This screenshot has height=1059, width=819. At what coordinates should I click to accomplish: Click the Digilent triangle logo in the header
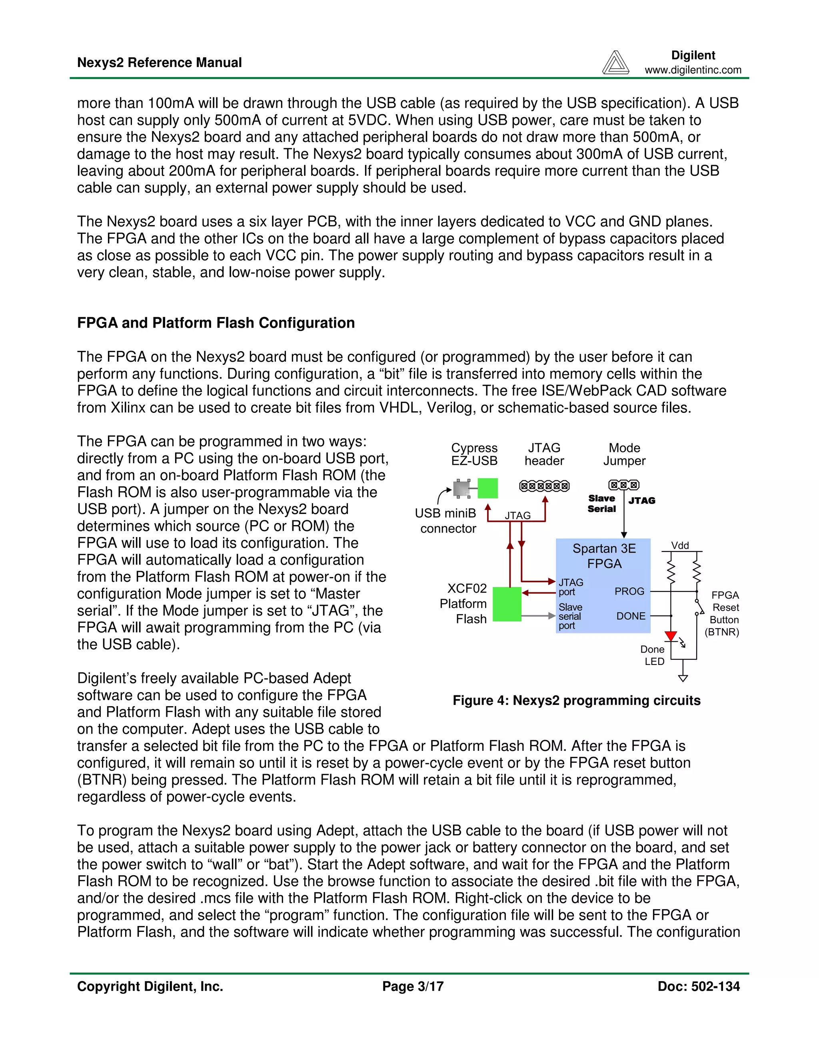pyautogui.click(x=615, y=63)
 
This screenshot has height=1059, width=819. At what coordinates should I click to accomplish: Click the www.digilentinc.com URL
pyautogui.click(x=693, y=70)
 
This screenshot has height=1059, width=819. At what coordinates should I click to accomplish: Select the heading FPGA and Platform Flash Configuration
pyautogui.click(x=216, y=323)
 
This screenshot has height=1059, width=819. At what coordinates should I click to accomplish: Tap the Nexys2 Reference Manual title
pyautogui.click(x=159, y=63)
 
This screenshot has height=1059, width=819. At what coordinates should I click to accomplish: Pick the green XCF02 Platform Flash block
pyautogui.click(x=507, y=604)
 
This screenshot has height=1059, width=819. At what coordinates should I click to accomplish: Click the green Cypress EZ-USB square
pyautogui.click(x=487, y=488)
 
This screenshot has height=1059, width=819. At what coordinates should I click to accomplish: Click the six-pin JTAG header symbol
pyautogui.click(x=544, y=486)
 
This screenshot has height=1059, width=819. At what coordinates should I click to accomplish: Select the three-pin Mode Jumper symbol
pyautogui.click(x=624, y=485)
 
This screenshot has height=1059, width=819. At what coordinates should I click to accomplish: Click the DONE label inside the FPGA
pyautogui.click(x=631, y=616)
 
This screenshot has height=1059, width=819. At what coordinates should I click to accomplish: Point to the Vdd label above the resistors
pyautogui.click(x=680, y=545)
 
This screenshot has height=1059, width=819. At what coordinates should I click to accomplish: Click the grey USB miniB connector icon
pyautogui.click(x=462, y=489)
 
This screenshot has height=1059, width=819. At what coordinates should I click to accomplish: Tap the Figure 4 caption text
pyautogui.click(x=576, y=701)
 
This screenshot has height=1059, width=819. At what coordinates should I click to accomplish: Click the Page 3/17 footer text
pyautogui.click(x=413, y=986)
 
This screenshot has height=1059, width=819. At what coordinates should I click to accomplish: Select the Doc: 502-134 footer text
pyautogui.click(x=698, y=986)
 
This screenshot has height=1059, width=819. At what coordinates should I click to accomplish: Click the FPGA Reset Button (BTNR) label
pyautogui.click(x=723, y=613)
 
